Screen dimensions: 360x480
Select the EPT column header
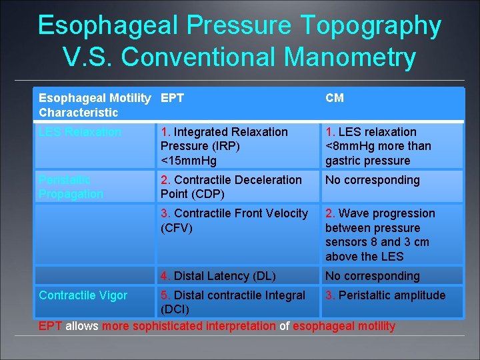tap(172, 98)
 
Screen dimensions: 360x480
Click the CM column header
tap(335, 98)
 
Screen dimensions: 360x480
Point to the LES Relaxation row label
tap(80, 132)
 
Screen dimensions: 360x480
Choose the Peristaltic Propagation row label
tap(71, 187)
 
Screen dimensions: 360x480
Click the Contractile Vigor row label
tap(83, 295)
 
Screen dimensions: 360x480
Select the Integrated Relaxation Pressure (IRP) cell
tap(224, 146)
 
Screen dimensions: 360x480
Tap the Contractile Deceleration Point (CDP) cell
tap(231, 187)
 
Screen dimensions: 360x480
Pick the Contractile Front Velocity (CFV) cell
tap(234, 220)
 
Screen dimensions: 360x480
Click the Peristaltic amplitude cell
tap(385, 295)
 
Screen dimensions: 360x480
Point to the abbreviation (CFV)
tap(177, 227)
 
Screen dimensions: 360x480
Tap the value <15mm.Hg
tap(189, 161)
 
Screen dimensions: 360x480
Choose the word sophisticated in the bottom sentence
tap(204, 326)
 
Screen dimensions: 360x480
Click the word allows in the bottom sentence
tap(82, 326)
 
